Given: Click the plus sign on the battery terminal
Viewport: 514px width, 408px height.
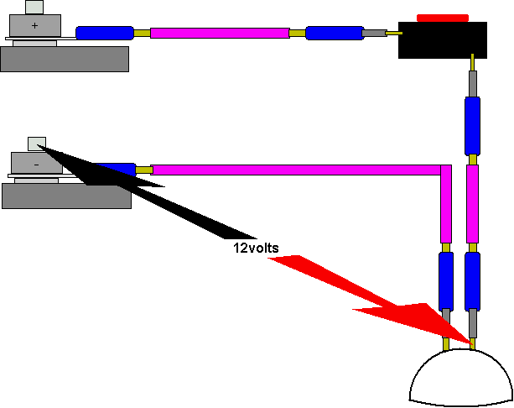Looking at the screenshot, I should click(34, 26).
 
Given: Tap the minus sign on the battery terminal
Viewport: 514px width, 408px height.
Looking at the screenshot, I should click(35, 165).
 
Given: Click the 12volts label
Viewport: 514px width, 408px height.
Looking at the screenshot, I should click(256, 248).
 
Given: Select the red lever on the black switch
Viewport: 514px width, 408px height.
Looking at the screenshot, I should click(443, 17).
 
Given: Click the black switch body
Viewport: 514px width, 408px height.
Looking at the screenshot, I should click(442, 40).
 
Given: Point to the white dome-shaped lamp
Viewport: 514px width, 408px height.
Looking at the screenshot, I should click(460, 379).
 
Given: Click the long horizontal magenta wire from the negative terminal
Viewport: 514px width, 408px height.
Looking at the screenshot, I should click(293, 170).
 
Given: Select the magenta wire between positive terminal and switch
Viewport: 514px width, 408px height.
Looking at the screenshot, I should click(220, 33).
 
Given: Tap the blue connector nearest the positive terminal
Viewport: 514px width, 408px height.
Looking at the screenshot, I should click(105, 34).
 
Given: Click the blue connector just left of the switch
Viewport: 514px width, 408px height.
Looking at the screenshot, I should click(335, 34).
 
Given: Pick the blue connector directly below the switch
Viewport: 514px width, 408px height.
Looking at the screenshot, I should click(472, 124).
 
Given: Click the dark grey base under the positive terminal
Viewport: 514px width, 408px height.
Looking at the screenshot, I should click(65, 59).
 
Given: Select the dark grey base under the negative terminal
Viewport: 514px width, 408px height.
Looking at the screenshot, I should click(66, 196).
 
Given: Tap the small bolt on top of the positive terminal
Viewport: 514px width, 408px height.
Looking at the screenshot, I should click(34, 8).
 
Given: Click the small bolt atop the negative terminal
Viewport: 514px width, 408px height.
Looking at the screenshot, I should click(36, 143).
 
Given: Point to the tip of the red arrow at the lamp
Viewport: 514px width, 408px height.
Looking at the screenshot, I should click(469, 344).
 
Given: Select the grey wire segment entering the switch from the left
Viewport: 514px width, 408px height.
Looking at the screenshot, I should click(374, 34).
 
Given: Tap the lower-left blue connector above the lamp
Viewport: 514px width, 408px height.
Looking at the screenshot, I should click(446, 280).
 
